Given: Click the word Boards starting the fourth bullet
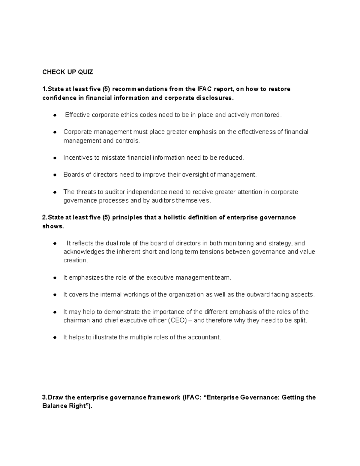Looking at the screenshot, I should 72,175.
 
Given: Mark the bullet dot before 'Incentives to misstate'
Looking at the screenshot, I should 55,158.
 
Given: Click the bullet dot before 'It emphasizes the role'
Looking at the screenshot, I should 55,278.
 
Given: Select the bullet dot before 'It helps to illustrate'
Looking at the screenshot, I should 55,338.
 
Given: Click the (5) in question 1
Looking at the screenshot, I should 106,89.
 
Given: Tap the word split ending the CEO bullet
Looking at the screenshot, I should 300,320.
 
